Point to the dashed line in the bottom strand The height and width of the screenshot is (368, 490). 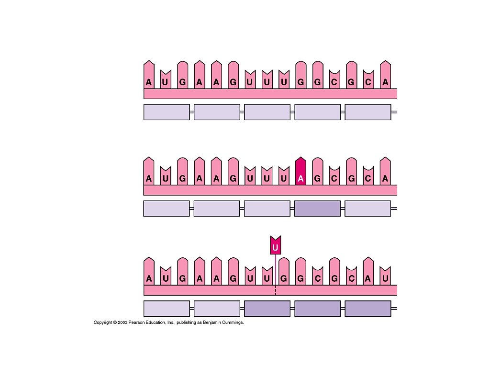coord(275,290)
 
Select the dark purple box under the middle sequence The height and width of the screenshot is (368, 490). coord(317,208)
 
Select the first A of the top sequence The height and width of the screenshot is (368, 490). coord(149,82)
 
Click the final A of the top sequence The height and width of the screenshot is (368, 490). coord(385,82)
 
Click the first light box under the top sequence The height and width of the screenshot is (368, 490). coord(167,112)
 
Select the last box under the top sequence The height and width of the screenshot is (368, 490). coord(367,112)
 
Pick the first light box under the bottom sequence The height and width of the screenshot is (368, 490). coord(167,309)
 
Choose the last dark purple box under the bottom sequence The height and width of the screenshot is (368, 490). coord(367,309)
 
